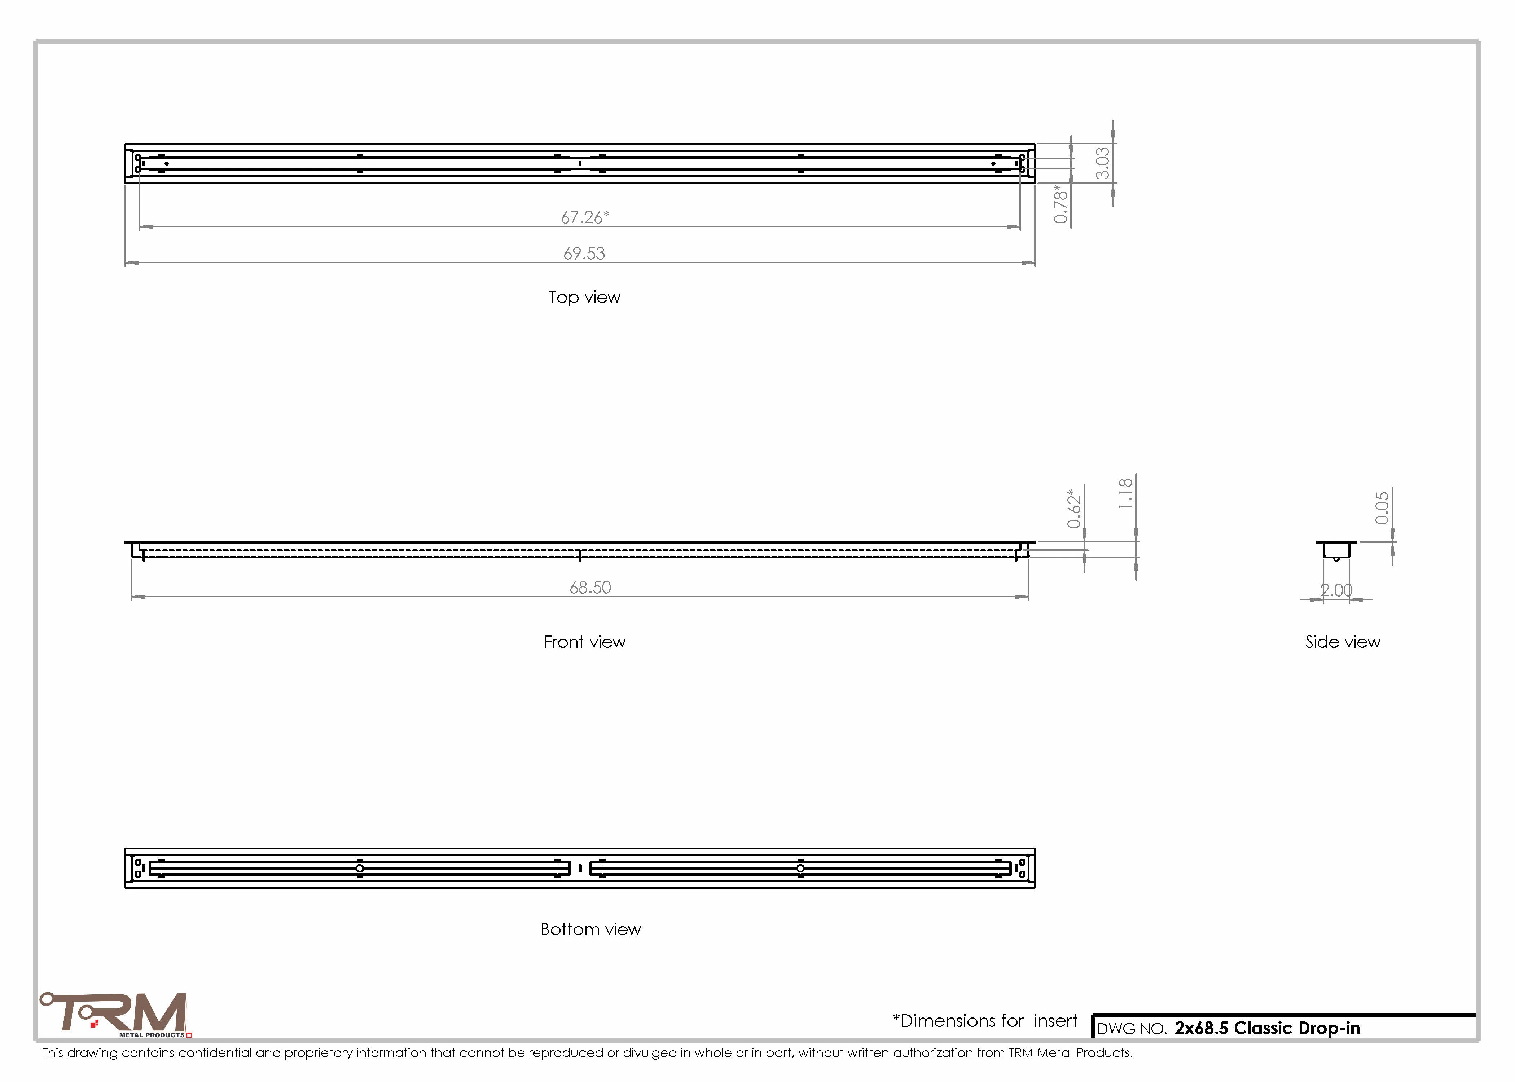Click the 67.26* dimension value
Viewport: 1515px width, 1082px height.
click(x=584, y=217)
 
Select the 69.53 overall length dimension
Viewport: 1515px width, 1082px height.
click(x=584, y=253)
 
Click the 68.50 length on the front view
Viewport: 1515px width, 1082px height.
click(x=590, y=587)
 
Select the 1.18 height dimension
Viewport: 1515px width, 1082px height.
click(x=1126, y=494)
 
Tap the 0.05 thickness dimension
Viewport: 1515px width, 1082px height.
click(x=1382, y=508)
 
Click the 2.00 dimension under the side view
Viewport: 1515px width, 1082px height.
click(x=1336, y=590)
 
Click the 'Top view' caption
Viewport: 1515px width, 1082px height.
click(x=584, y=297)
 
